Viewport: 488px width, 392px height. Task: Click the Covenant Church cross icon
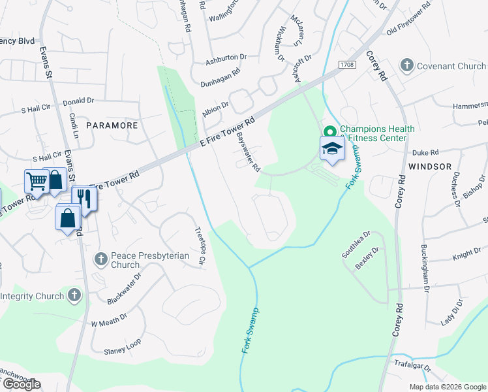pos(406,65)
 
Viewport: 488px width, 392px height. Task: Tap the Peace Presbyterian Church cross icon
pos(100,259)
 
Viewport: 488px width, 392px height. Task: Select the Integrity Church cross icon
pos(74,296)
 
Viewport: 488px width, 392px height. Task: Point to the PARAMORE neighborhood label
pos(112,125)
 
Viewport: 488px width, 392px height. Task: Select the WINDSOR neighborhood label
pos(430,167)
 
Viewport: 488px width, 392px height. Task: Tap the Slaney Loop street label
pos(122,351)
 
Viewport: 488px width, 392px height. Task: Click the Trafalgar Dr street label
pos(412,365)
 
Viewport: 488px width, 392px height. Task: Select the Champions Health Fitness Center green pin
pos(329,129)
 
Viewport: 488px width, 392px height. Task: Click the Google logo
pos(21,384)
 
